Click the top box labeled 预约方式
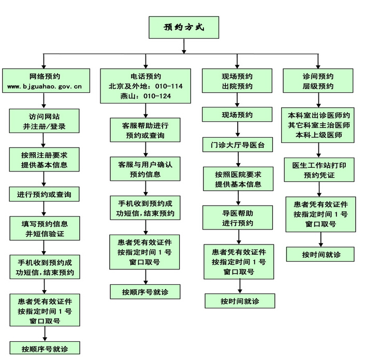(x=183, y=27)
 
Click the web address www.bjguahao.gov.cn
(x=45, y=87)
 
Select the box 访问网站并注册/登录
(x=45, y=121)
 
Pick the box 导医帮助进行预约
(x=238, y=218)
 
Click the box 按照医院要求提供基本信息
(x=238, y=179)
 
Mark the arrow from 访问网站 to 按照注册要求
(x=45, y=140)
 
